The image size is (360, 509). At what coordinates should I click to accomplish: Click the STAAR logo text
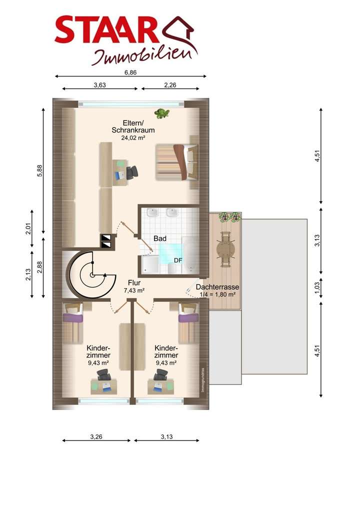click(x=107, y=30)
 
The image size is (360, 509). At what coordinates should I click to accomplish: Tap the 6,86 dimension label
click(x=130, y=72)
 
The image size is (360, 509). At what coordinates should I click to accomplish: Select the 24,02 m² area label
click(x=133, y=137)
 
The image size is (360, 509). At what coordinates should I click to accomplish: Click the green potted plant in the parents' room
click(x=162, y=113)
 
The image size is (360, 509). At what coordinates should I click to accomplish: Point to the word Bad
click(x=160, y=238)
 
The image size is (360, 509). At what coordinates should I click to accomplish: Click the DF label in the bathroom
click(x=178, y=260)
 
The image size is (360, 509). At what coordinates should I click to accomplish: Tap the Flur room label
click(x=134, y=283)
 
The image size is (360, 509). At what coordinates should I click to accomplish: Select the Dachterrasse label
click(x=217, y=287)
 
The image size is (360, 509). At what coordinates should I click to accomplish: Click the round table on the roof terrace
click(x=225, y=249)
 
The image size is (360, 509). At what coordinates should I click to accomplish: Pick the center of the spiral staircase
click(x=92, y=275)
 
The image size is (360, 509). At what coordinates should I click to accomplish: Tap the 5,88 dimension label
click(x=40, y=170)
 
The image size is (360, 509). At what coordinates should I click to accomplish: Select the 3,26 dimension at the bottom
click(x=96, y=436)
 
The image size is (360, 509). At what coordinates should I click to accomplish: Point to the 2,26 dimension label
click(x=170, y=85)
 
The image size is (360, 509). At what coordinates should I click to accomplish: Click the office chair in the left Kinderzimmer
click(x=103, y=374)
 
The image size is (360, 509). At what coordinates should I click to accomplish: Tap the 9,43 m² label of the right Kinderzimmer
click(x=166, y=363)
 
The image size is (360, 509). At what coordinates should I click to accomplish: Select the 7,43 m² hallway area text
click(x=134, y=290)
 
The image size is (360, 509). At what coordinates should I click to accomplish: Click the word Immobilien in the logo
click(x=144, y=56)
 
